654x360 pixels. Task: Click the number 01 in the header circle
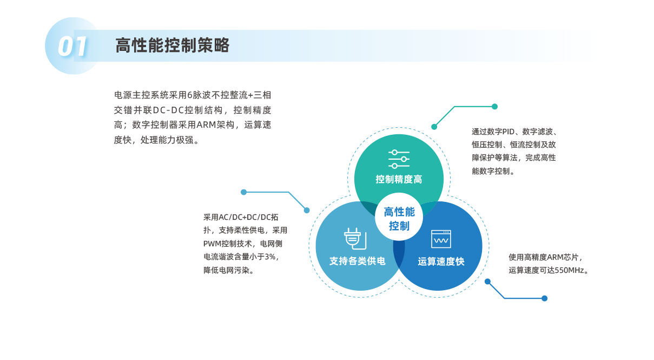tap(72, 46)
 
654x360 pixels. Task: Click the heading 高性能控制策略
tap(173, 45)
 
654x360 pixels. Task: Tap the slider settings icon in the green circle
tap(399, 159)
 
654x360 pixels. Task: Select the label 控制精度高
tap(399, 179)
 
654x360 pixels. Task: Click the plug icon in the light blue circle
tap(355, 238)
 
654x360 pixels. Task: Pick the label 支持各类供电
tap(358, 261)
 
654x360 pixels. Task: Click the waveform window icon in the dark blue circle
tap(441, 239)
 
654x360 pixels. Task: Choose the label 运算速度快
tap(441, 261)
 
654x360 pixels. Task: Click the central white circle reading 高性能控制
tap(399, 217)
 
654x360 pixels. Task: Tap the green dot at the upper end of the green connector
tap(494, 107)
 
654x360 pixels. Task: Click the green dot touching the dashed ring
tap(434, 127)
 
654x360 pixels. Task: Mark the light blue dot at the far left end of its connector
tap(244, 192)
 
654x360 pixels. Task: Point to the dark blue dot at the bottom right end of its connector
tap(545, 298)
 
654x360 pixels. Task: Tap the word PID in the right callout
tap(508, 132)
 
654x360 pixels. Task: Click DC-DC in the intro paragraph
tap(168, 110)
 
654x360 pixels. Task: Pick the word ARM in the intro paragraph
tap(206, 125)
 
